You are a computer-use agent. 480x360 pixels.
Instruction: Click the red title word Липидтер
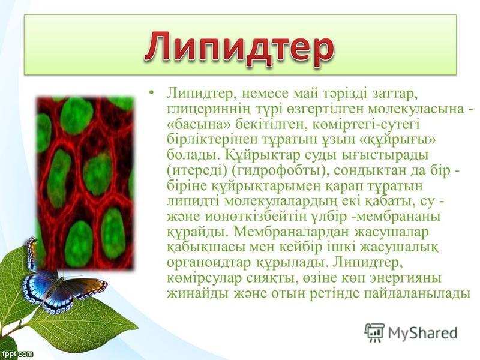click(239, 49)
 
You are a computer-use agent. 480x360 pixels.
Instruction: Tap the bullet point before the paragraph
click(152, 93)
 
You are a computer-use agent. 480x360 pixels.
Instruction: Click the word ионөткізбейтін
click(256, 217)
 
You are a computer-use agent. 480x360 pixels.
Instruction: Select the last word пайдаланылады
click(416, 294)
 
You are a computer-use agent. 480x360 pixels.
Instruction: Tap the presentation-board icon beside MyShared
click(374, 332)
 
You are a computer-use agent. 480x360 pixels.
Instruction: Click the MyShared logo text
click(422, 333)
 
